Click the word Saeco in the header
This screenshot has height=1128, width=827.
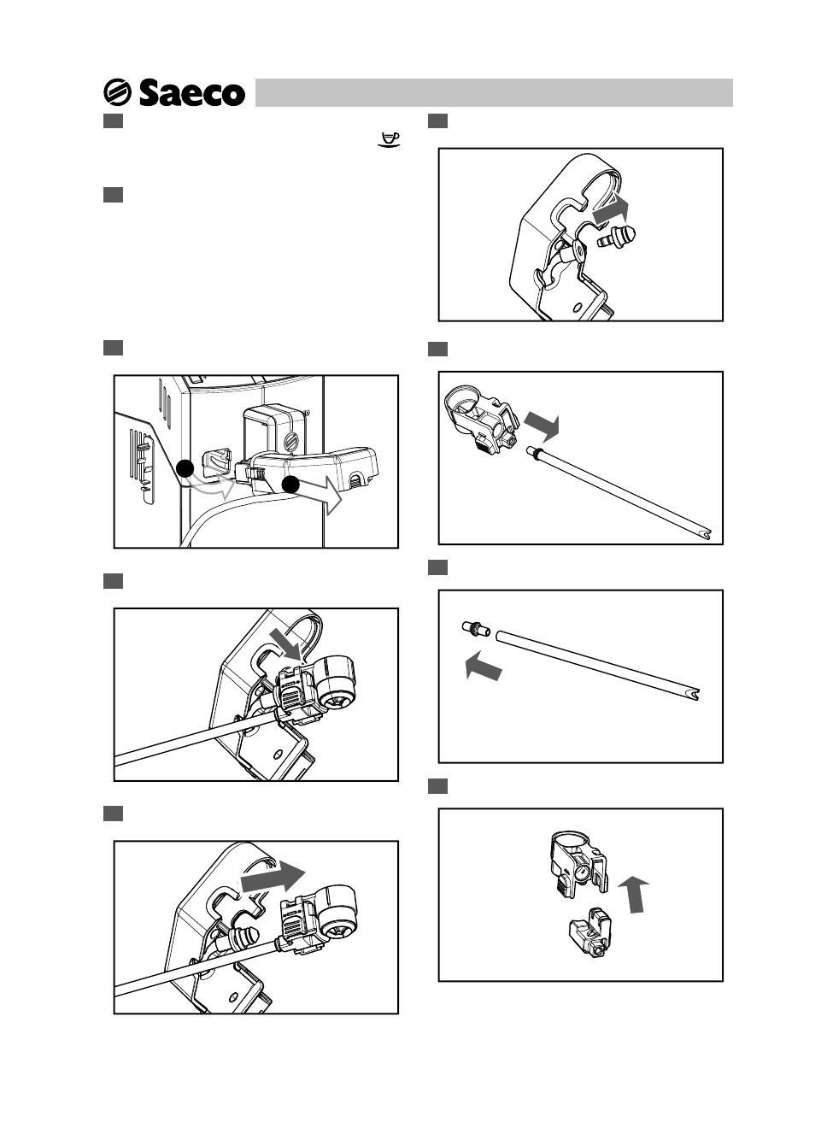point(192,93)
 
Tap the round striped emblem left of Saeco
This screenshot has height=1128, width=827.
point(117,92)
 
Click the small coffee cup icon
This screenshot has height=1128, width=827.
point(389,139)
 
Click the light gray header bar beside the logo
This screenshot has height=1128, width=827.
point(494,92)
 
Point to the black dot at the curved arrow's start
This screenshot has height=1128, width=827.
point(185,468)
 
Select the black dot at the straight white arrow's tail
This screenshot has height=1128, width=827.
point(290,485)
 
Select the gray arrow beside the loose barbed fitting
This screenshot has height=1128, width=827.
point(611,209)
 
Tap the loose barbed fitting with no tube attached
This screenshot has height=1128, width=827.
point(616,237)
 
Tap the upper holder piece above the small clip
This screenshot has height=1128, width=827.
point(579,865)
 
